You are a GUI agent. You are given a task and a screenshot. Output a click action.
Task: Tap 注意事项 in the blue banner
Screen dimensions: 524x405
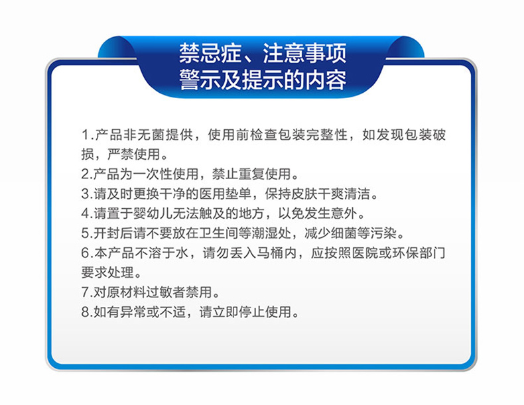pyautogui.click(x=304, y=54)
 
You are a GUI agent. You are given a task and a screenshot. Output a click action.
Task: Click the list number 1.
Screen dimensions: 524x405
pyautogui.click(x=85, y=135)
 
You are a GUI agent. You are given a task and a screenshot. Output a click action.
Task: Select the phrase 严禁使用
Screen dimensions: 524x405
pyautogui.click(x=134, y=154)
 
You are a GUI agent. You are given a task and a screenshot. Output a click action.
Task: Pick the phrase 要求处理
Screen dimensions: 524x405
pyautogui.click(x=107, y=272)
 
